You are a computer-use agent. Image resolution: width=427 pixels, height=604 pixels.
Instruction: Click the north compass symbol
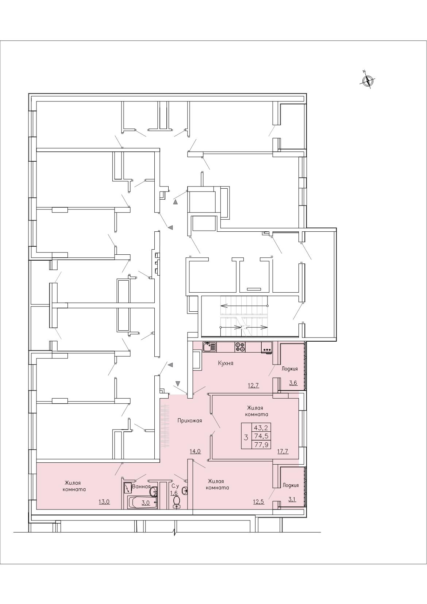click(x=368, y=80)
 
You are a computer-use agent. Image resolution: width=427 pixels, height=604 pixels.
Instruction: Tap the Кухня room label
click(x=226, y=363)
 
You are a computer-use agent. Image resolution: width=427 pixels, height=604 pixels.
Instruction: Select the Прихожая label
click(x=189, y=420)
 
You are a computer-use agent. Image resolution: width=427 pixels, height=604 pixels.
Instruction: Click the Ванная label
click(x=141, y=486)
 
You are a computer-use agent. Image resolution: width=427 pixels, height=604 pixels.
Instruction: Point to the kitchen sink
click(x=210, y=347)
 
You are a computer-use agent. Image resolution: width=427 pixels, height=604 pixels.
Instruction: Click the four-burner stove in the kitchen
click(x=240, y=347)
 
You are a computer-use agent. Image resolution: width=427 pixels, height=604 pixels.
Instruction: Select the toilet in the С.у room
click(x=177, y=502)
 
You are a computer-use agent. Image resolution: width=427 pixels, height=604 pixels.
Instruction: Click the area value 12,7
click(x=253, y=385)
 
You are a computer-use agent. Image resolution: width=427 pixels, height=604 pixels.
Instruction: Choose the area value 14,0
click(x=195, y=451)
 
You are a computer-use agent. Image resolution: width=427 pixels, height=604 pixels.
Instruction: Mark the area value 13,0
click(x=104, y=501)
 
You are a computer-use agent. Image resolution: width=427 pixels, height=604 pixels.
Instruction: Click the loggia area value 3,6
click(x=293, y=382)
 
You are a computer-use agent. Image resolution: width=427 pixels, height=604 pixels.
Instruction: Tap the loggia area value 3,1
click(x=292, y=499)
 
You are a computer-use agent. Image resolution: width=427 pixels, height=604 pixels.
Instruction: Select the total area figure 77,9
click(x=261, y=445)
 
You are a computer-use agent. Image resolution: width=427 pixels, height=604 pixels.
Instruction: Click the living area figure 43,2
click(x=261, y=427)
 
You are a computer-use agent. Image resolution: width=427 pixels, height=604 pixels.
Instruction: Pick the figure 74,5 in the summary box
click(x=261, y=436)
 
